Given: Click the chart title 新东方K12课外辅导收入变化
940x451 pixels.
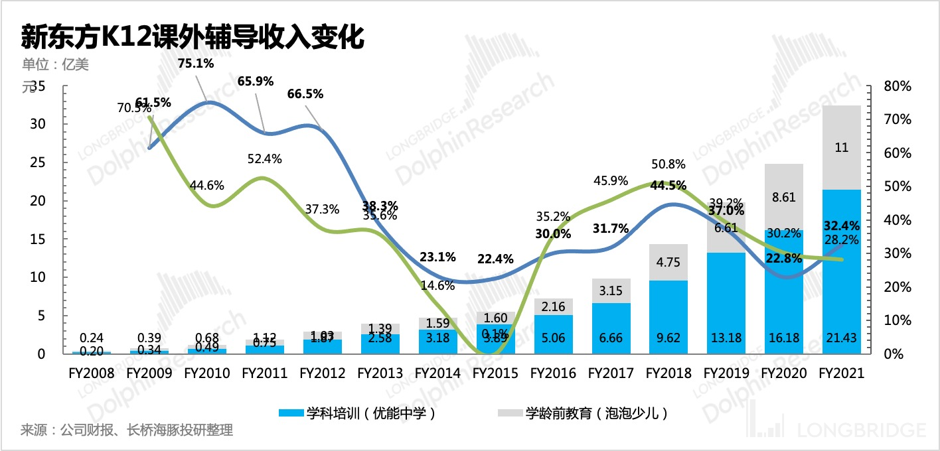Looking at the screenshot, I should pyautogui.click(x=193, y=37).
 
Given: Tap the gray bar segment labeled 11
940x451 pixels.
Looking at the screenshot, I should pyautogui.click(x=842, y=148).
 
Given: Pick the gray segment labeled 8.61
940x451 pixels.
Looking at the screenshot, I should pyautogui.click(x=784, y=197).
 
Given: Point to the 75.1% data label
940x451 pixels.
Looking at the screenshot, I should pyautogui.click(x=196, y=64).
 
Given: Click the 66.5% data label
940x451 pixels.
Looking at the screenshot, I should pyautogui.click(x=305, y=94).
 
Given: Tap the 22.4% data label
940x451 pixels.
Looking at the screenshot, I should pyautogui.click(x=495, y=259).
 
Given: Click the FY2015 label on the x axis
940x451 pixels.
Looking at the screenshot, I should pyautogui.click(x=495, y=373).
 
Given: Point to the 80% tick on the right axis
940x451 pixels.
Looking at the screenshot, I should pyautogui.click(x=898, y=86).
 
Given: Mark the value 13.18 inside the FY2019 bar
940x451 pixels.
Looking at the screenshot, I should pyautogui.click(x=726, y=338).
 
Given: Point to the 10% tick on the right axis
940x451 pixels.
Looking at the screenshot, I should pyautogui.click(x=898, y=320).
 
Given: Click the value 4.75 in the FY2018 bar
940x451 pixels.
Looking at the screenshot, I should pyautogui.click(x=668, y=261).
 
